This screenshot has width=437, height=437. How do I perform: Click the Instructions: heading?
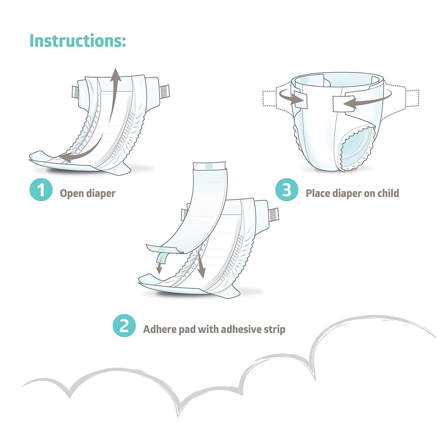coord(77,40)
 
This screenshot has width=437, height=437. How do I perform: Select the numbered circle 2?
coord(124,326)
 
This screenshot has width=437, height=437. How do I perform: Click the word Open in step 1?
coord(72,193)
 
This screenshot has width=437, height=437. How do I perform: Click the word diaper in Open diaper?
coord(101,193)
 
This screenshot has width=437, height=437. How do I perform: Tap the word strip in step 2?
coord(274,329)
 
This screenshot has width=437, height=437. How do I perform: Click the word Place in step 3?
coord(318,193)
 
